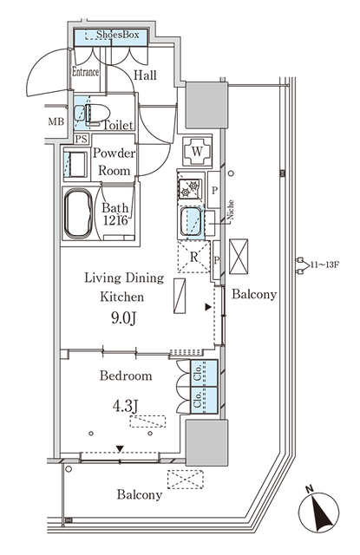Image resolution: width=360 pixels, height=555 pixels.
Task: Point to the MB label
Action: click(x=56, y=121)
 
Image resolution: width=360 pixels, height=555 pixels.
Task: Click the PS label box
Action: click(x=81, y=138)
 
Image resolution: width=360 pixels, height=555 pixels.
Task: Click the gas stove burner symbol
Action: click(x=189, y=186)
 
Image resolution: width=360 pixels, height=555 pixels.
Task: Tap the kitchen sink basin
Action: click(x=191, y=223)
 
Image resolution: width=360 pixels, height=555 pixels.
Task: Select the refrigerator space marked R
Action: click(x=193, y=257)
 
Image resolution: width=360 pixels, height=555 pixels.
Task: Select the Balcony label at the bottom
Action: click(x=139, y=495)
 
